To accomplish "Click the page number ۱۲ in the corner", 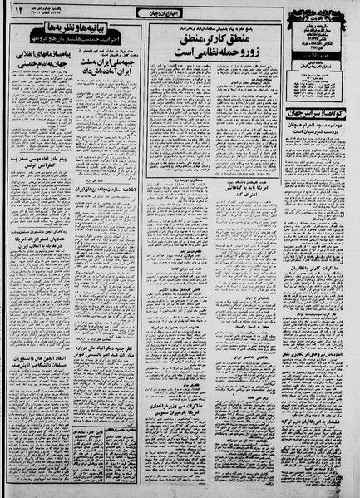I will coord(17,11).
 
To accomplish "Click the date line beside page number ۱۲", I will coord(51,11).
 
